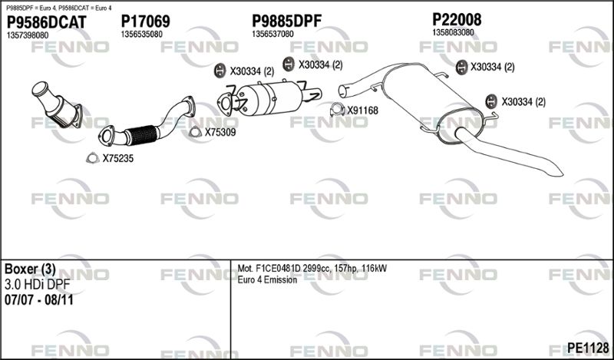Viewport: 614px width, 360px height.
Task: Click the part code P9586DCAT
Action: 47,22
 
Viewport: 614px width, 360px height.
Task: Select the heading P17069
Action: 145,21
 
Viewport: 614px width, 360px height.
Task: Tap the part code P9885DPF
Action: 286,21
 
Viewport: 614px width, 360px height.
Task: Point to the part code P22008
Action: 457,19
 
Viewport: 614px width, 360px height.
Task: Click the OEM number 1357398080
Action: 28,35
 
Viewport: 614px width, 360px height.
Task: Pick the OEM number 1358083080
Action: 453,32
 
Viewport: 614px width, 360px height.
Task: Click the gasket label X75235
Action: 118,159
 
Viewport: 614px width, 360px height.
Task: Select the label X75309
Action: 220,132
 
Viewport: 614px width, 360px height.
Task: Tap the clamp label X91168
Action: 362,111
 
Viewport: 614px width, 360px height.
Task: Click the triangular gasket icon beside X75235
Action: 92,157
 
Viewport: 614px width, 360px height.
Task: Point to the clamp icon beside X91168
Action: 337,110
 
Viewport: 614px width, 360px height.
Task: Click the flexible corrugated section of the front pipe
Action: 142,135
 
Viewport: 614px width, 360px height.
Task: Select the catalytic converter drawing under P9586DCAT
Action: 57,104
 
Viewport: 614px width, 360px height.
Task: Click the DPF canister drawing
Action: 270,98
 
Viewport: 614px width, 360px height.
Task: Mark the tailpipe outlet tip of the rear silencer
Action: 560,173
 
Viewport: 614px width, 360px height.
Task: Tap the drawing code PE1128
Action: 588,348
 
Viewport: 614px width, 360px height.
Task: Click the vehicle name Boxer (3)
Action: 30,269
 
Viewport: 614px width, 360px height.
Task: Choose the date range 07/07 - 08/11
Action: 39,300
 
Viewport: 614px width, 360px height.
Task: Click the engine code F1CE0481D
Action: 279,269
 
